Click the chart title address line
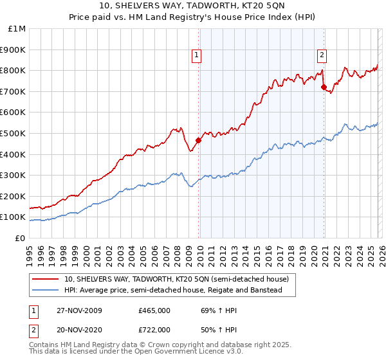pyautogui.click(x=193, y=7)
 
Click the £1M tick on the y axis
pyautogui.click(x=17, y=29)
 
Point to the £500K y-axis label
pyautogui.click(x=14, y=133)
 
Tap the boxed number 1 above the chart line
pyautogui.click(x=196, y=55)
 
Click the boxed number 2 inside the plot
pyautogui.click(x=322, y=55)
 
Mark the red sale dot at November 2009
pyautogui.click(x=198, y=140)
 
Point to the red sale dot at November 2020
pyautogui.click(x=324, y=87)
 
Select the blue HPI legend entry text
pyautogui.click(x=173, y=290)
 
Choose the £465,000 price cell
pyautogui.click(x=154, y=310)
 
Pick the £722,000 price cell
pyautogui.click(x=154, y=329)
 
